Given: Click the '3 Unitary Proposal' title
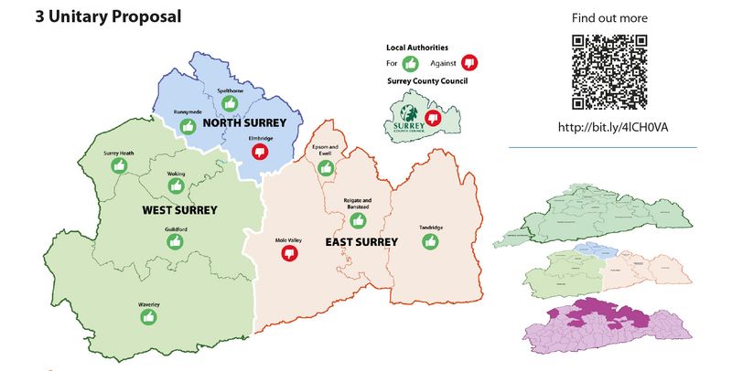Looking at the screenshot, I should click(108, 16).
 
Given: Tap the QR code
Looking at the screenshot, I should click(608, 72).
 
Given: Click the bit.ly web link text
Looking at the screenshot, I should click(612, 126).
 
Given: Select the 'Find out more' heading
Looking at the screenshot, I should click(609, 18).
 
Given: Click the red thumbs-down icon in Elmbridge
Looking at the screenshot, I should click(261, 152).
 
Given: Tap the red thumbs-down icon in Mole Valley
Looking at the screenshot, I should click(291, 253).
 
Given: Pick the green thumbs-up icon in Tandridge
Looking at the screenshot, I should click(430, 242).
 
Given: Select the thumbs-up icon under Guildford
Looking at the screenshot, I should click(176, 241).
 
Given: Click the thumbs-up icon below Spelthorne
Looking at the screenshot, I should click(230, 103).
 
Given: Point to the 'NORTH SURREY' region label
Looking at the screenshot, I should click(244, 122).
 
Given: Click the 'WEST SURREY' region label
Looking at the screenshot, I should click(179, 210).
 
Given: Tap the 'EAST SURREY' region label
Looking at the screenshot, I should click(361, 242).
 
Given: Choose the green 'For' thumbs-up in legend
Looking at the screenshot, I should click(411, 63).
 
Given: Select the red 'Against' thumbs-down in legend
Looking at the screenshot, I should click(470, 63).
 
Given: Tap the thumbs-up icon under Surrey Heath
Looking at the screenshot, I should click(119, 165).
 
